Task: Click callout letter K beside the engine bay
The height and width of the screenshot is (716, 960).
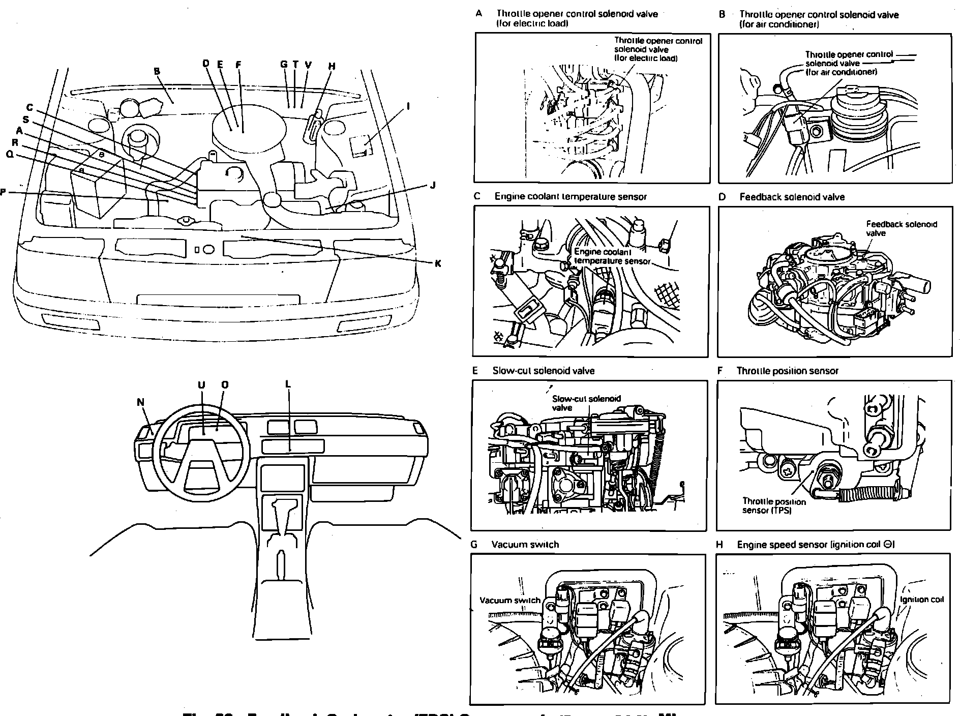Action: pyautogui.click(x=437, y=263)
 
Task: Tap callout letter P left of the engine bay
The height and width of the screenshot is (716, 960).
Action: pyautogui.click(x=3, y=192)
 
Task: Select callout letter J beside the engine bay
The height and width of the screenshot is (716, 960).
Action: pyautogui.click(x=432, y=185)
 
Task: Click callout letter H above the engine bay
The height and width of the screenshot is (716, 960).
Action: pyautogui.click(x=332, y=66)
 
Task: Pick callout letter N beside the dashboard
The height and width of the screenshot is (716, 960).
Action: pyautogui.click(x=141, y=402)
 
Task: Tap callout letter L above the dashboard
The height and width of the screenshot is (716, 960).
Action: pyautogui.click(x=288, y=384)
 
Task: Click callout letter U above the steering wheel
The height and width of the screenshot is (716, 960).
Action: pyautogui.click(x=201, y=385)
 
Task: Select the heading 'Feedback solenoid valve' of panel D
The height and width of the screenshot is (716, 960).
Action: pyautogui.click(x=792, y=197)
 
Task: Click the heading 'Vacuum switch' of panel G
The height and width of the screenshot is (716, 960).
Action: pyautogui.click(x=525, y=544)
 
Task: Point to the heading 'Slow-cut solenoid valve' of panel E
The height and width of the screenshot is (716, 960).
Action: pyautogui.click(x=543, y=371)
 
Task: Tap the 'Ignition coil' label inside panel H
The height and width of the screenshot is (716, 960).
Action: pyautogui.click(x=921, y=600)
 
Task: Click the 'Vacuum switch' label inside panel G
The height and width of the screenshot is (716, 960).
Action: pyautogui.click(x=509, y=600)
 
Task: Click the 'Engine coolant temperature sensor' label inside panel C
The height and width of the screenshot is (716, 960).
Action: pyautogui.click(x=612, y=256)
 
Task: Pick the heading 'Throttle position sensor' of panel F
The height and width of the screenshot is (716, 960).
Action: pyautogui.click(x=787, y=371)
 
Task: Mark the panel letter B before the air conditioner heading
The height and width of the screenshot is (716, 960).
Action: pyautogui.click(x=722, y=14)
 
